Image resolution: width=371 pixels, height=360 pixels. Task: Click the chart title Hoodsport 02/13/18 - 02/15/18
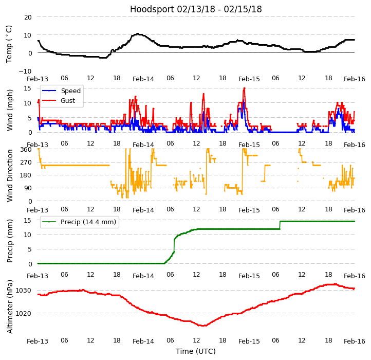point(196,9)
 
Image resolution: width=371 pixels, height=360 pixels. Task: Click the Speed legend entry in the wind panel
point(70,91)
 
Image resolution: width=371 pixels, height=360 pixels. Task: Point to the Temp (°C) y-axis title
point(9,44)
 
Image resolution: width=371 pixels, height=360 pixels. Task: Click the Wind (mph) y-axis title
point(10,110)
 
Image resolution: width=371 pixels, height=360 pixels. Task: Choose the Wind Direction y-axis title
point(10,175)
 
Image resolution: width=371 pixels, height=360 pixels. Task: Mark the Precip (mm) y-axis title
point(10,241)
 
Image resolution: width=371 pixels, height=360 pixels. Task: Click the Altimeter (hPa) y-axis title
point(10,307)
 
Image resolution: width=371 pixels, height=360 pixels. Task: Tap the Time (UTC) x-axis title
point(196,351)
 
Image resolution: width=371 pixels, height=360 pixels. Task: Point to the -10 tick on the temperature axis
point(26,71)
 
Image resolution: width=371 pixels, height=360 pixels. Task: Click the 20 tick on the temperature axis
point(27,17)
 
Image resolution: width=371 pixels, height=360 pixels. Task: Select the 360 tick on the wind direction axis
point(26,149)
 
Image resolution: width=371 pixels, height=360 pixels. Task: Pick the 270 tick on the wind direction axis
point(26,162)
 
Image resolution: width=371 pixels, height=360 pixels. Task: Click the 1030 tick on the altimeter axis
point(23,291)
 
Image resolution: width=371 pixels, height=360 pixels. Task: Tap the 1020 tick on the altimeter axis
point(23,313)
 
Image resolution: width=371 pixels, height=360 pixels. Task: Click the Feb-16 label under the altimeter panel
point(355,341)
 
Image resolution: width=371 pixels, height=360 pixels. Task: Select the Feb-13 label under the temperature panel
point(38,79)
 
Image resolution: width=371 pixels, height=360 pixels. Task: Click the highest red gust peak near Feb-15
point(244,88)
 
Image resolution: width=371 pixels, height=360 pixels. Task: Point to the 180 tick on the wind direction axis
point(26,175)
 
